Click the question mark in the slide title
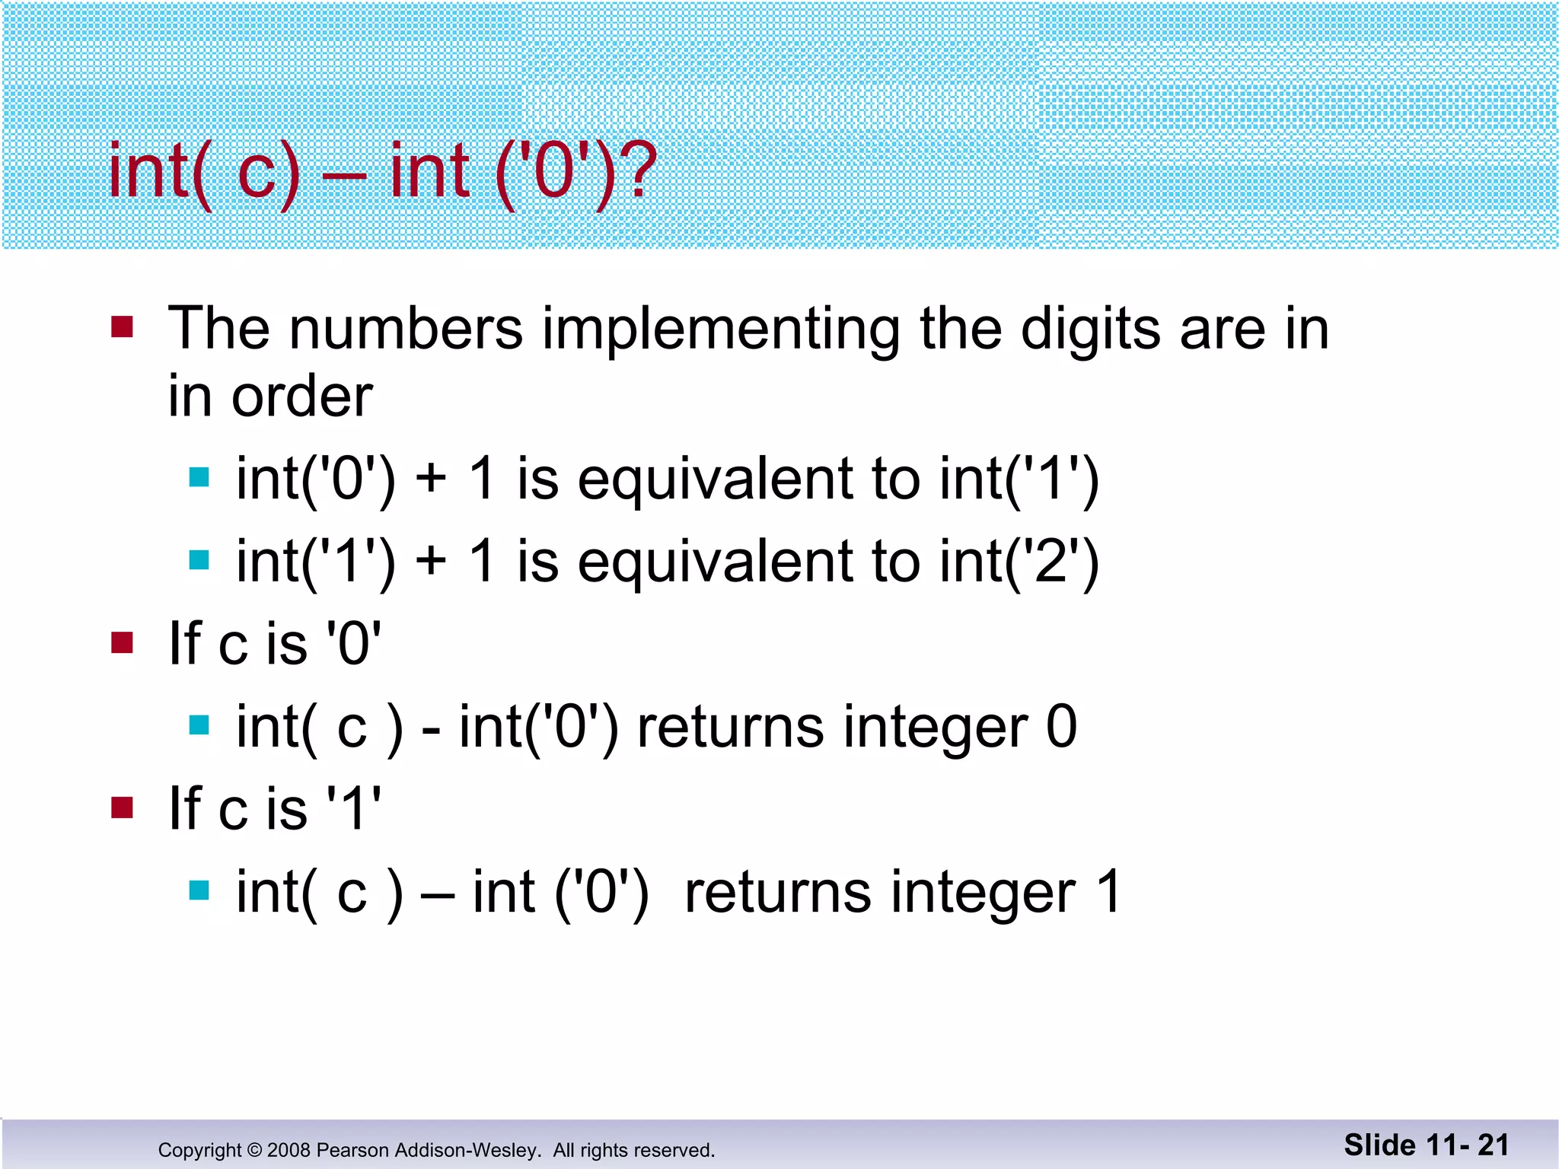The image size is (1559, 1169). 637,170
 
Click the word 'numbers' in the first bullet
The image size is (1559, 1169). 406,329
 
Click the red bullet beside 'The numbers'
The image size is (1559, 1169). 122,327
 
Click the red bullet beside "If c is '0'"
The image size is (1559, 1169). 122,643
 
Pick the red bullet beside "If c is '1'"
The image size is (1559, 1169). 122,807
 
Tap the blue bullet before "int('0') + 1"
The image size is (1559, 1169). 199,477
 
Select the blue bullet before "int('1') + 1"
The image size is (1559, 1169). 199,560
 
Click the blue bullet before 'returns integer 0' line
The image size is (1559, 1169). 199,725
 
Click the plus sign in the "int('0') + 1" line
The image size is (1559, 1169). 431,480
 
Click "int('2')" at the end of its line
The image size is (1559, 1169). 1019,562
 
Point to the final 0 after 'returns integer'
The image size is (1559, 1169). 1061,727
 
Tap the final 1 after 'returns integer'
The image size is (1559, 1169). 1108,892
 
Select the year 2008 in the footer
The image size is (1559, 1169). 289,1150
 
